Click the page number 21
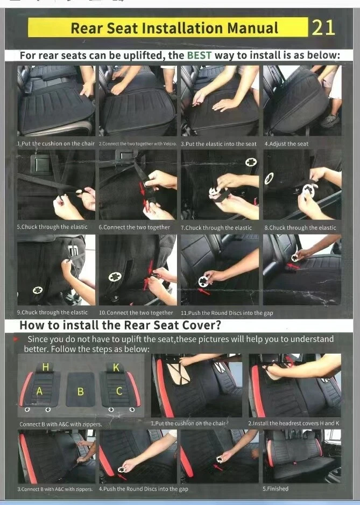click(x=323, y=27)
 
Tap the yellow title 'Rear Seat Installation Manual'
click(x=174, y=28)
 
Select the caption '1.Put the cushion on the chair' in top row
click(x=56, y=144)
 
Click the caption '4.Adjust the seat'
click(x=286, y=144)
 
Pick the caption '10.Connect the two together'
click(x=136, y=312)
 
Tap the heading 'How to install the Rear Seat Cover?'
click(x=120, y=326)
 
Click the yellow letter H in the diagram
click(x=45, y=367)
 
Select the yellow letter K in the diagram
click(x=116, y=367)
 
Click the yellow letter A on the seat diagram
click(x=39, y=391)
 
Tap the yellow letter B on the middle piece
click(x=80, y=391)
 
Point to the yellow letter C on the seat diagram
click(x=119, y=391)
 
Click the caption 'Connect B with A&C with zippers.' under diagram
click(x=60, y=424)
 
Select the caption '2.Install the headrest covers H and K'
click(x=294, y=424)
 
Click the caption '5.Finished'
click(x=276, y=489)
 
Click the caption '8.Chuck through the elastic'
click(x=300, y=228)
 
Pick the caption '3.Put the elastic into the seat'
click(x=218, y=144)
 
